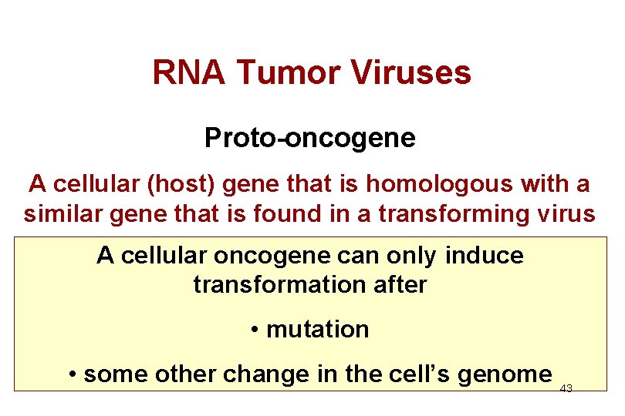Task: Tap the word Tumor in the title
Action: pyautogui.click(x=289, y=73)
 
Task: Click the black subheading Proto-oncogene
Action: pyautogui.click(x=310, y=138)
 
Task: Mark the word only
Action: pyautogui.click(x=410, y=255)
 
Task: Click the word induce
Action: pyautogui.click(x=485, y=255)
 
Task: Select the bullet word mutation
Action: pyautogui.click(x=318, y=329)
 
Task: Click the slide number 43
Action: pyautogui.click(x=566, y=389)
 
